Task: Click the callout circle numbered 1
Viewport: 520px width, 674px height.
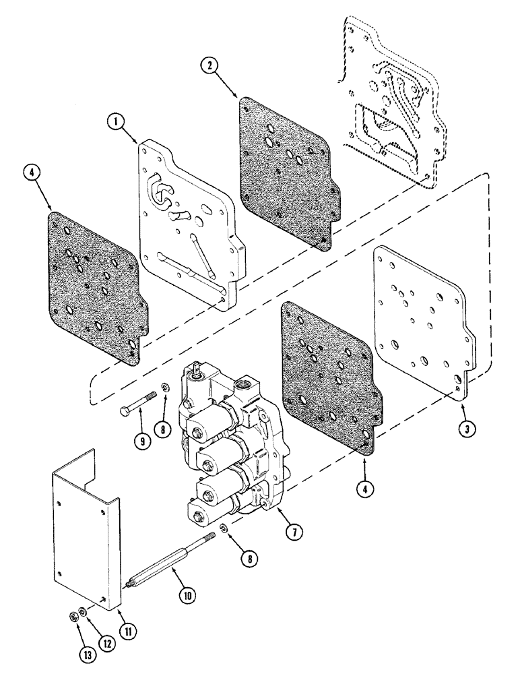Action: [x=117, y=122]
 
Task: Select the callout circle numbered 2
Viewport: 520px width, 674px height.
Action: [x=211, y=67]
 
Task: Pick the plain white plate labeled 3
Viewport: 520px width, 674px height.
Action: [x=421, y=324]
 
